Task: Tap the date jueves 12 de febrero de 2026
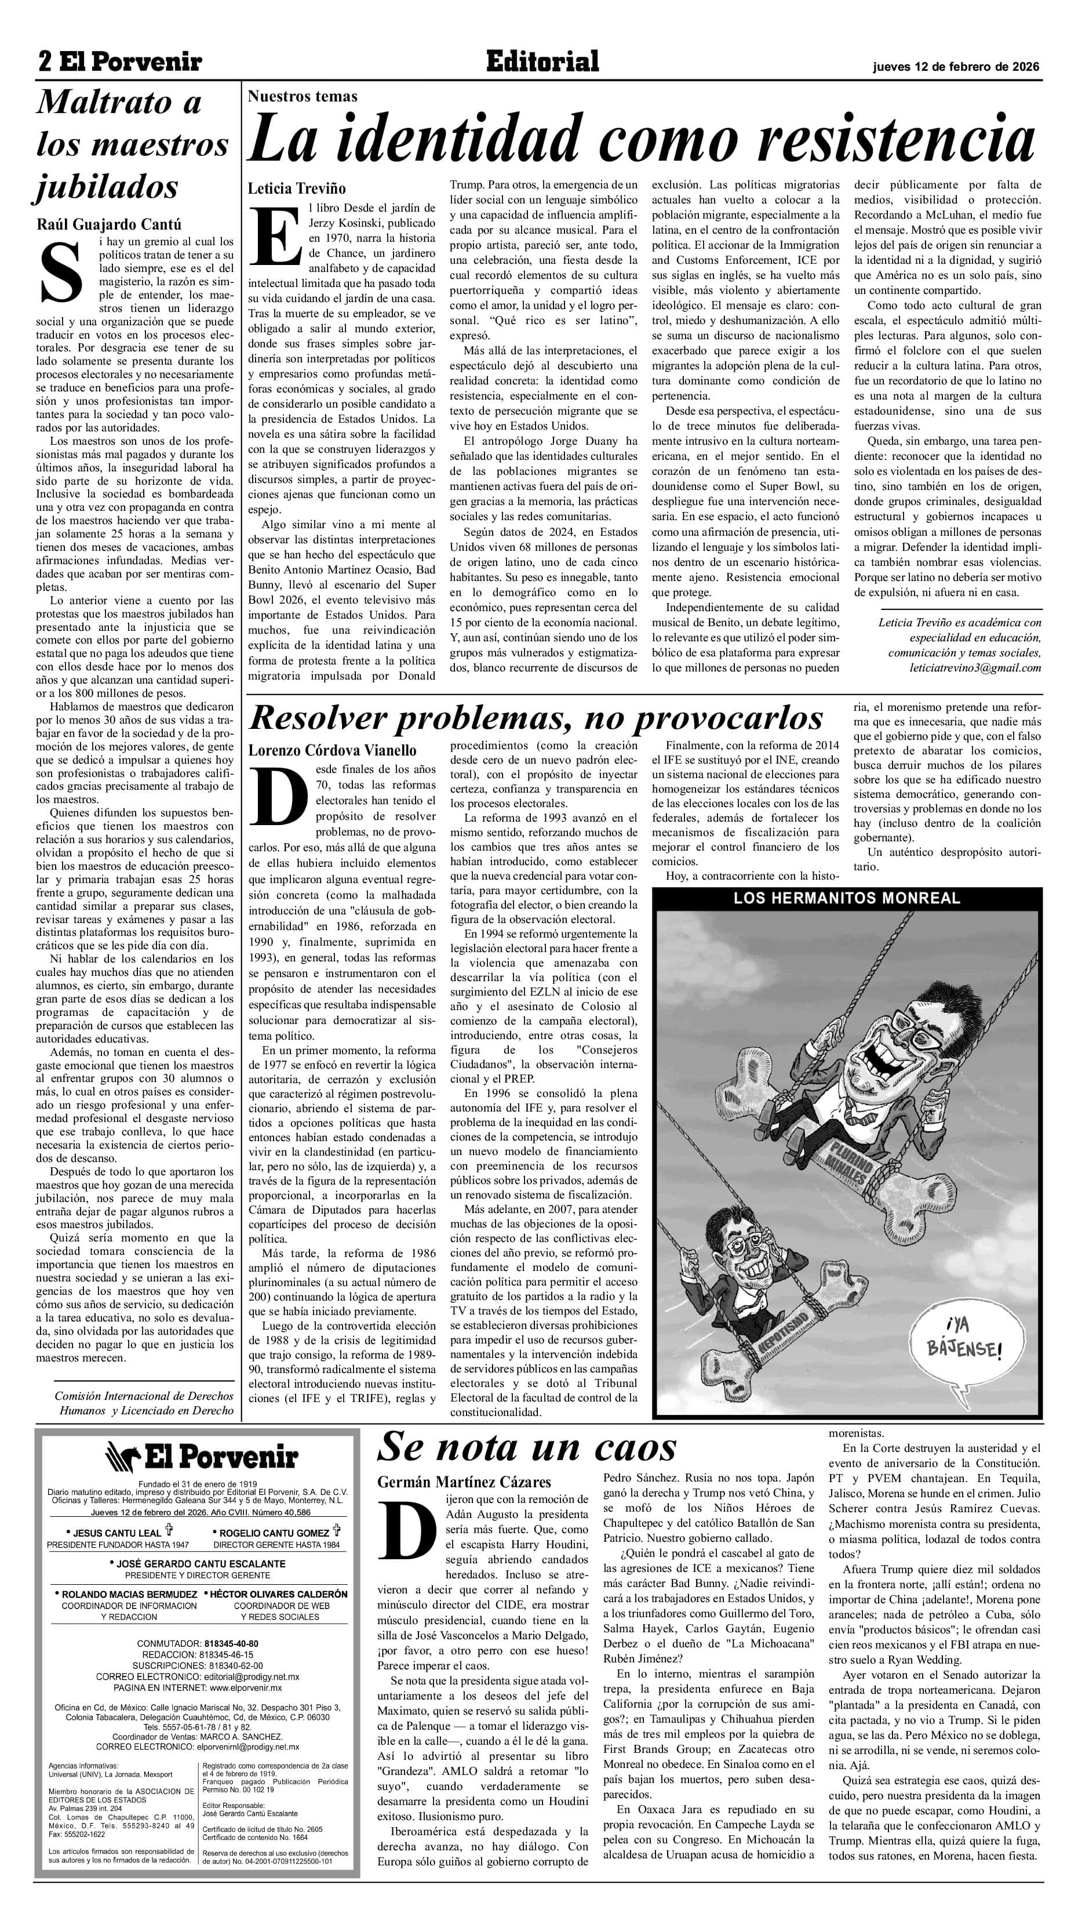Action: click(x=956, y=66)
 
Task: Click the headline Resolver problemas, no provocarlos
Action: click(x=536, y=718)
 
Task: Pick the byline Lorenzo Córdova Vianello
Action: click(x=332, y=750)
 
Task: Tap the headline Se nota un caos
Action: click(x=527, y=1447)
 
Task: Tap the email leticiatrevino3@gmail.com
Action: click(x=975, y=667)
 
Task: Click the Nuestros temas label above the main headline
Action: click(x=302, y=96)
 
